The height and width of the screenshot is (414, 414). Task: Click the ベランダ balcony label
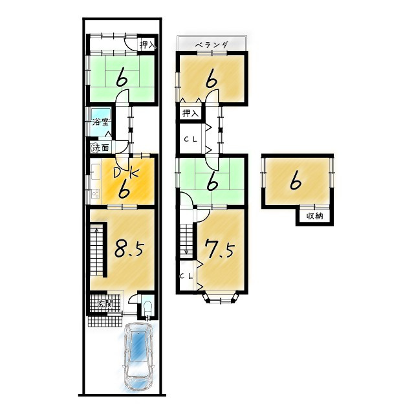pyautogui.click(x=212, y=45)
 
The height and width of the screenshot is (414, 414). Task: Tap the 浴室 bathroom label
pyautogui.click(x=100, y=122)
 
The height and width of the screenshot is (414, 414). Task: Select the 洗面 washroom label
pyautogui.click(x=100, y=148)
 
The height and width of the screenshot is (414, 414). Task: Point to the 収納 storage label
pyautogui.click(x=315, y=216)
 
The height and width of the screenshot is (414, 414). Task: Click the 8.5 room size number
pyautogui.click(x=129, y=248)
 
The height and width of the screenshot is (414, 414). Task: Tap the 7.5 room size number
pyautogui.click(x=220, y=248)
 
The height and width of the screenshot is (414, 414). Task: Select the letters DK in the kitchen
pyautogui.click(x=125, y=173)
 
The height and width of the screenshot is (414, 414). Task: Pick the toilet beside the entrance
pyautogui.click(x=147, y=309)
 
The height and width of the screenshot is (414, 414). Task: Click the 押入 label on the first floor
pyautogui.click(x=148, y=45)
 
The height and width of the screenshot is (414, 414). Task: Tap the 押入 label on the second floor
pyautogui.click(x=190, y=114)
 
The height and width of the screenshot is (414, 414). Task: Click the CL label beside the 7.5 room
pyautogui.click(x=186, y=276)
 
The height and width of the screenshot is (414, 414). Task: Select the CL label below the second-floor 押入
pyautogui.click(x=190, y=140)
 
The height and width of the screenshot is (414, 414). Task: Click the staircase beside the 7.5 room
pyautogui.click(x=187, y=240)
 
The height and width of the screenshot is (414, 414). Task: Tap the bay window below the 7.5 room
pyautogui.click(x=221, y=298)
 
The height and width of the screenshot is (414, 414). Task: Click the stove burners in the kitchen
pyautogui.click(x=95, y=194)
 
